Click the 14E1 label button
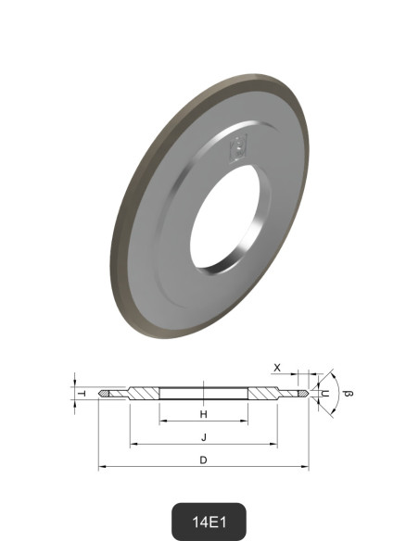pos(209,522)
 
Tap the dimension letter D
pos(203,459)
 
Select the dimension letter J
pos(203,436)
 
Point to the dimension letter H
pos(203,414)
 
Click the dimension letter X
pos(278,368)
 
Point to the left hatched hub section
pos(144,393)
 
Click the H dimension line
pos(203,421)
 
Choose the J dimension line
pos(203,445)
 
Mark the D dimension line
pos(203,468)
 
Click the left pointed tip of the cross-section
pos(102,394)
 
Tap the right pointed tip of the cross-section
pos(305,394)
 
